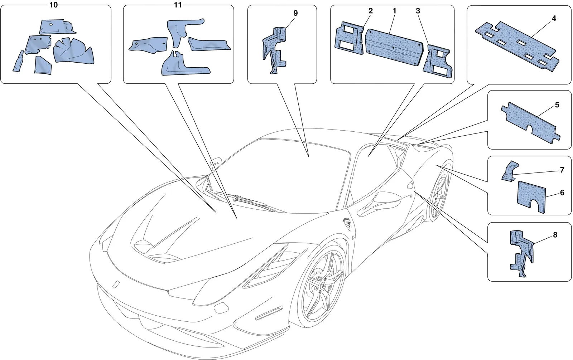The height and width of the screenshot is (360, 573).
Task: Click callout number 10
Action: tap(53, 5)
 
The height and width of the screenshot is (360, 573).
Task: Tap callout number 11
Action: tap(178, 5)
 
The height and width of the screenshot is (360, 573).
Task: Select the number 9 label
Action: tap(295, 13)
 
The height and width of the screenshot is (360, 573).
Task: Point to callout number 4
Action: tap(554, 18)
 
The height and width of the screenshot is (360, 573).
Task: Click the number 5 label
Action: tap(557, 105)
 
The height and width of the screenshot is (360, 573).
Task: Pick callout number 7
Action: tap(562, 170)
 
